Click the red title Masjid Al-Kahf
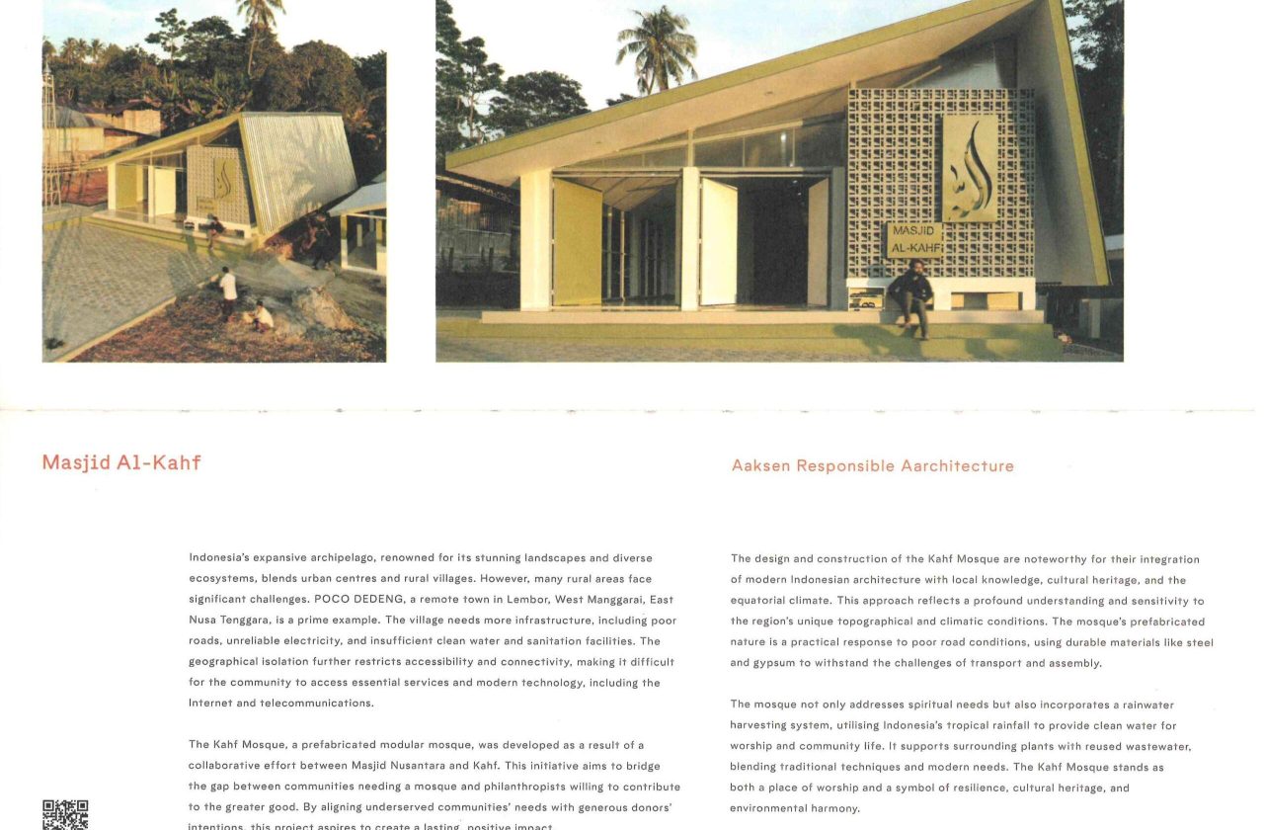click(x=121, y=462)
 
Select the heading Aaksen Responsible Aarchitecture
click(x=872, y=465)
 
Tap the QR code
click(x=65, y=814)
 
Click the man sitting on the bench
click(x=910, y=295)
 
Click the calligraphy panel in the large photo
click(x=969, y=169)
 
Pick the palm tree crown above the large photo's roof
click(x=657, y=44)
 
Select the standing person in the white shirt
click(x=228, y=290)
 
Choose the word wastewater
click(x=1156, y=746)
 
